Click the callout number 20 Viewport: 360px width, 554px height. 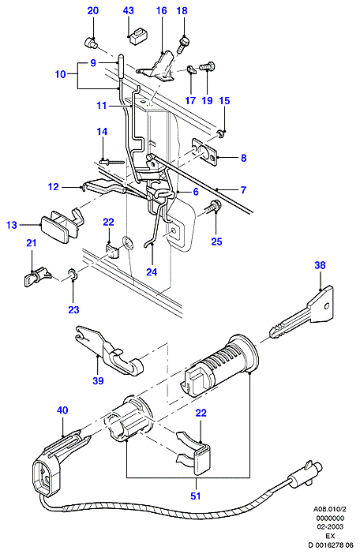[93, 10]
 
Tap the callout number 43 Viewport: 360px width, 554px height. [129, 10]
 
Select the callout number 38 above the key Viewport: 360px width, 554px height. [320, 265]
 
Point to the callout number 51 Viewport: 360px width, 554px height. [195, 496]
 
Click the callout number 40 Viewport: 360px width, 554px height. [62, 410]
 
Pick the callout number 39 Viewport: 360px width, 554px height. [98, 380]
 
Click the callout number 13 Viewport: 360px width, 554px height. [12, 225]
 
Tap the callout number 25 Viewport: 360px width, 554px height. [216, 241]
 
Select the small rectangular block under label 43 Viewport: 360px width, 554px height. [138, 36]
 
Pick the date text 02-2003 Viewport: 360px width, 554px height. [330, 526]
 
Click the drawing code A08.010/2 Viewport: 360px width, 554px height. [330, 510]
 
